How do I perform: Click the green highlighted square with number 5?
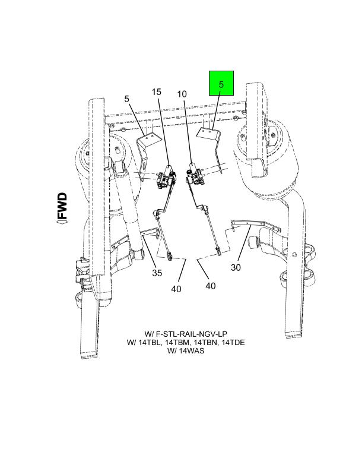221,83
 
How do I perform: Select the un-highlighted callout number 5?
127,99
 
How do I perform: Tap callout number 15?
157,92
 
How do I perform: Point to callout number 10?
182,94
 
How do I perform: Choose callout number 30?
236,267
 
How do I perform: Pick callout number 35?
157,273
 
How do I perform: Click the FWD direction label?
62,206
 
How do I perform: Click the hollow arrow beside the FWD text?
62,222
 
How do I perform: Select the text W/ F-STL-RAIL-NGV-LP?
186,334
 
